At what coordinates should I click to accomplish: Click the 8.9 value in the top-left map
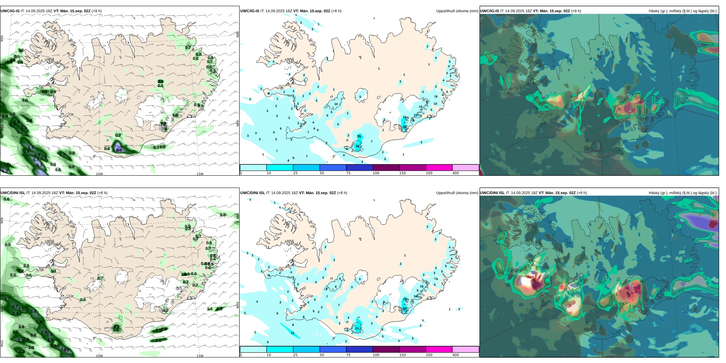click(119, 150)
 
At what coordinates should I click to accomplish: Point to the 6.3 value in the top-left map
click(39, 165)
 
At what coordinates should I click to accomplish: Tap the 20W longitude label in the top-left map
click(99, 174)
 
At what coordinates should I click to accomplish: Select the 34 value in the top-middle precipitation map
click(357, 146)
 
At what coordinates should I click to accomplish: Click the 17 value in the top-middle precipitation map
click(415, 115)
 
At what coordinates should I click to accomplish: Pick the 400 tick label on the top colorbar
click(455, 173)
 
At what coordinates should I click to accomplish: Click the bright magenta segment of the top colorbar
click(439, 167)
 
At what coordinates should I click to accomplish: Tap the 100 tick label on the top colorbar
click(376, 173)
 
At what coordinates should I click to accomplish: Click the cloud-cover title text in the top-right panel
click(682, 11)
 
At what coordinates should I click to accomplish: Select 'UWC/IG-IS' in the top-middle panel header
click(250, 11)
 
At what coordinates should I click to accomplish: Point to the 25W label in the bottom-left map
click(2, 343)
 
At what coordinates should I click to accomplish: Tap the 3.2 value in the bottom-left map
click(33, 311)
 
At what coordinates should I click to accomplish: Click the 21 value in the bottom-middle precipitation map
click(357, 328)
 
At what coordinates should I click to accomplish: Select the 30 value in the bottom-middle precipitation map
click(404, 309)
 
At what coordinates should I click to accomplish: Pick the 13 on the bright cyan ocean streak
click(292, 333)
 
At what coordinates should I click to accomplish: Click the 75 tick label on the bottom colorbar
click(348, 355)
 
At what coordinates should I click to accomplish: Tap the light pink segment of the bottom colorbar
click(465, 349)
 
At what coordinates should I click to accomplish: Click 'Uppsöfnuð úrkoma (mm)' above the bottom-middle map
click(457, 193)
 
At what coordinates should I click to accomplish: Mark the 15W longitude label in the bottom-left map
click(200, 356)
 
